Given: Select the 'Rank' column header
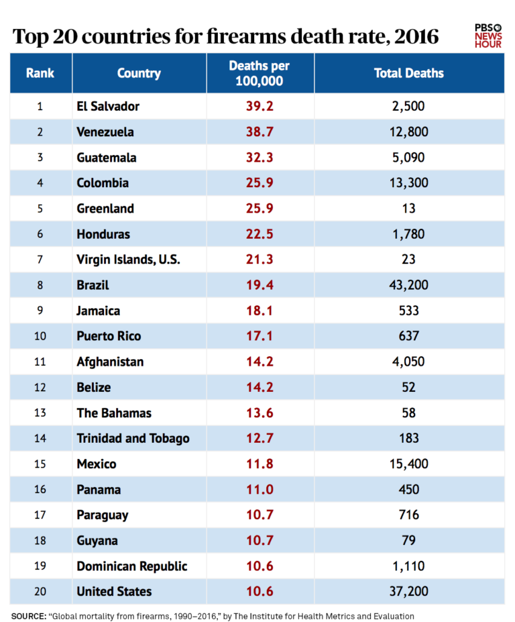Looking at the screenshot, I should click(x=40, y=73).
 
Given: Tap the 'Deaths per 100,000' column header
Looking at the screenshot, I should click(x=260, y=73).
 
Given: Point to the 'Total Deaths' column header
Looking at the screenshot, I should click(x=408, y=73).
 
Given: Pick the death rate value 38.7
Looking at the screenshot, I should click(x=260, y=132).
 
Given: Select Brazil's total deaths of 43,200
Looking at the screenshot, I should click(x=408, y=285).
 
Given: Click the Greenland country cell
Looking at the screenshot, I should click(x=105, y=209).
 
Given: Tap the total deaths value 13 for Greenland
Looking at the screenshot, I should click(x=408, y=209).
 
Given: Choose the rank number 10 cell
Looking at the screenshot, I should click(x=40, y=336).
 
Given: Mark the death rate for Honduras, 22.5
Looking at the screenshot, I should click(x=260, y=234).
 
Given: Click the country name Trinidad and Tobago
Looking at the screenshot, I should click(x=133, y=438).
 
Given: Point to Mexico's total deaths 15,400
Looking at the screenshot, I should click(x=408, y=464).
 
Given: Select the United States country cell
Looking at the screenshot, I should click(x=114, y=591).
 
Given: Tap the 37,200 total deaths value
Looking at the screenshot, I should click(x=408, y=591).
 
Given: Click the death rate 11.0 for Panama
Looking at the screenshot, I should click(x=260, y=489).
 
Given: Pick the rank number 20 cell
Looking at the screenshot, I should click(x=40, y=591).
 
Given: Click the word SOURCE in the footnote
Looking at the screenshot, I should click(x=27, y=615).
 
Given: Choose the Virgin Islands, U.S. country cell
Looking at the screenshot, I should click(x=128, y=260).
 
